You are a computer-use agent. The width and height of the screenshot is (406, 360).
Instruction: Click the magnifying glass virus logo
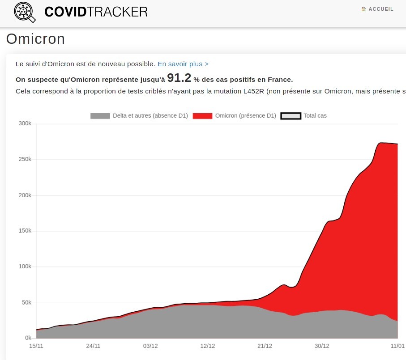tap(25, 12)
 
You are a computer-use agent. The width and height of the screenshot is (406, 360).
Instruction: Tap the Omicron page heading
tap(35, 39)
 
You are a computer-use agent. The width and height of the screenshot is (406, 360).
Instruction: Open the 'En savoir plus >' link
tap(183, 64)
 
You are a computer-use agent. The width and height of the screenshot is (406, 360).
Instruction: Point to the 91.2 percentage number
tap(179, 78)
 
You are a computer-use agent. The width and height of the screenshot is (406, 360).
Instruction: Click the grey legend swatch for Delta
tap(100, 116)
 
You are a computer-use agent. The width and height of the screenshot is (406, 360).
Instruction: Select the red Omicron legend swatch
tap(202, 116)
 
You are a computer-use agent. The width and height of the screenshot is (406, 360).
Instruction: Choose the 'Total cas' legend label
tap(315, 116)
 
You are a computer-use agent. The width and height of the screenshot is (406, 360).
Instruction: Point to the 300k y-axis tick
tap(25, 123)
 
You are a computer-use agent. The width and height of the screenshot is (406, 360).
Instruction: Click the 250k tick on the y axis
tap(25, 159)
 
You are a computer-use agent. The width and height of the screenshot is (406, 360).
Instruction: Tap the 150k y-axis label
tap(25, 231)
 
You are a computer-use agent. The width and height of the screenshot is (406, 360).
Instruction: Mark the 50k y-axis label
tap(26, 302)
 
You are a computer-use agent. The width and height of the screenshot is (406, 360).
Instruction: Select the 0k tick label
tap(28, 338)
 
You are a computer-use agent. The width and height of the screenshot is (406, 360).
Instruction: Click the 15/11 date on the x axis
tap(36, 346)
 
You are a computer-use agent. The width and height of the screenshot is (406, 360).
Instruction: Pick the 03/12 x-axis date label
tap(150, 346)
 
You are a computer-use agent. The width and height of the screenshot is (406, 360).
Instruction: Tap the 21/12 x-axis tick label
tap(265, 346)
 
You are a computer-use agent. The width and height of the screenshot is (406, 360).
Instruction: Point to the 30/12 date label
tap(322, 346)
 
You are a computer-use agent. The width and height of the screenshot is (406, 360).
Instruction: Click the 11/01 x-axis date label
tap(397, 346)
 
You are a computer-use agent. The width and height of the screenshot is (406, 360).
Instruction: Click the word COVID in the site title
tap(65, 12)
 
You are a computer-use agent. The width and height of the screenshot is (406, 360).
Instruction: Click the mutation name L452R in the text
tap(255, 92)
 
